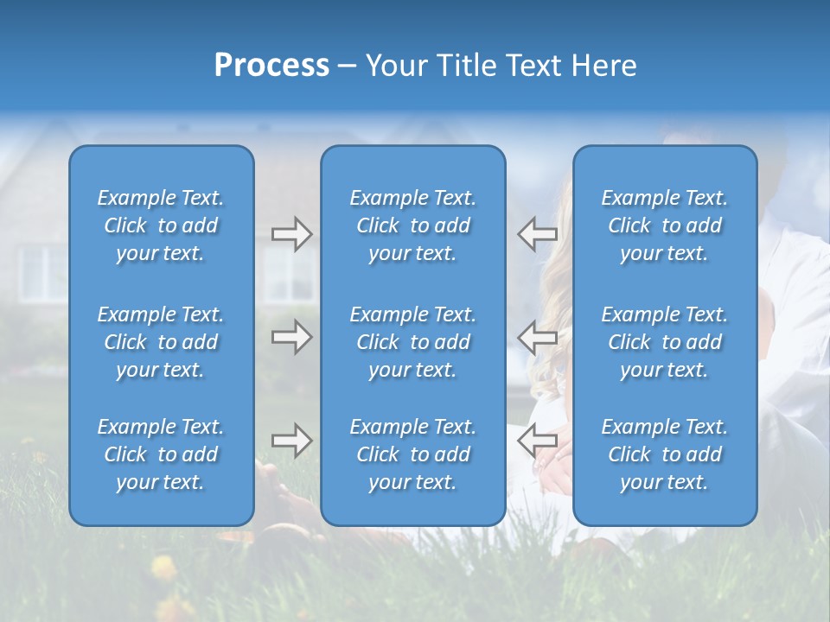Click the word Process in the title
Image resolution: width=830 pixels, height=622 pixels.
(x=271, y=66)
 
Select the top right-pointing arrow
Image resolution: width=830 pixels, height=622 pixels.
(x=291, y=234)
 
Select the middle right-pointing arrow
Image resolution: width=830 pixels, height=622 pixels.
(x=291, y=337)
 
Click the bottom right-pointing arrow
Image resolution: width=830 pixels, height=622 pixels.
(x=291, y=441)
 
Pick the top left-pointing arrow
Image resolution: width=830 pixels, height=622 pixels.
(x=537, y=234)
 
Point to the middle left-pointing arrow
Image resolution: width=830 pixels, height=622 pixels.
(x=537, y=337)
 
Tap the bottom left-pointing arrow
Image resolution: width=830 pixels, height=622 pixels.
(x=537, y=441)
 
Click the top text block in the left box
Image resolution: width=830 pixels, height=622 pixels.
(x=161, y=225)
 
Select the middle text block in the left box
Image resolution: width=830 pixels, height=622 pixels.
(x=161, y=342)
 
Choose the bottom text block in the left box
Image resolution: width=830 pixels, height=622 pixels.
(x=161, y=454)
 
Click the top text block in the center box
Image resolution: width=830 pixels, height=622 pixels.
(x=412, y=225)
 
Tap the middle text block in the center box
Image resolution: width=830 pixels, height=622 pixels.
(x=412, y=342)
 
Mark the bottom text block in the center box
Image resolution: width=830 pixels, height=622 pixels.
(x=412, y=454)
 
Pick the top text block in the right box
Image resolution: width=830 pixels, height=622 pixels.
(x=664, y=225)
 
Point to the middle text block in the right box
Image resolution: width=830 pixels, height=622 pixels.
(x=664, y=342)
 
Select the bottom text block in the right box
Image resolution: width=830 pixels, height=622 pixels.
(x=664, y=454)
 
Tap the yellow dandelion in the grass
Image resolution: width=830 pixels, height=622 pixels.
(x=163, y=568)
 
